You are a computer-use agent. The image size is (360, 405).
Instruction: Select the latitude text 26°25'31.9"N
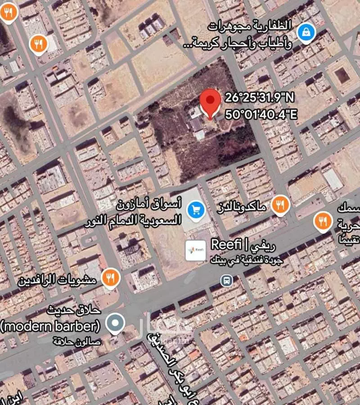[259, 98]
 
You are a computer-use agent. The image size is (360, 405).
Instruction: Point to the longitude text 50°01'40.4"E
[261, 114]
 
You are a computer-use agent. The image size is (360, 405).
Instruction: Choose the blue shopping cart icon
[196, 209]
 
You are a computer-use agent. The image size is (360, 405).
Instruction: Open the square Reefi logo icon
[196, 250]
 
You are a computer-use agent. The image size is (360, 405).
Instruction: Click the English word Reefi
[227, 246]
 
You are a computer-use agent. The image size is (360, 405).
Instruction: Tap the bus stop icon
[226, 280]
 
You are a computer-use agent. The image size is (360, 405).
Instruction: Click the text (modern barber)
[50, 325]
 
